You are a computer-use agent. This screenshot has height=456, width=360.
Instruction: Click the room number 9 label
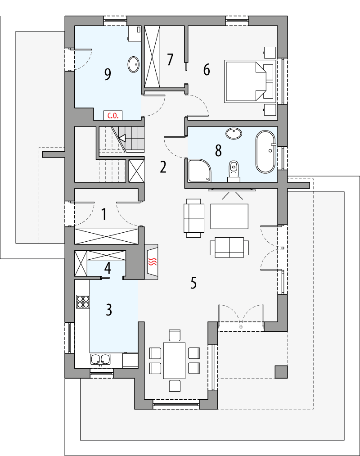107,74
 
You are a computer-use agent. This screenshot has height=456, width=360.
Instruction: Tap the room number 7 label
170,59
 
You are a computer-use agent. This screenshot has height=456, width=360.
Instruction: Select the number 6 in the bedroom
207,70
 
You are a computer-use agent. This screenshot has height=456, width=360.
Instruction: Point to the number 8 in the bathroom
218,151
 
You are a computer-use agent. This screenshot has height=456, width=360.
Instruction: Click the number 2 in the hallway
163,167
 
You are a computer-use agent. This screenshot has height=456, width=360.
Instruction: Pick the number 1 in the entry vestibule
104,215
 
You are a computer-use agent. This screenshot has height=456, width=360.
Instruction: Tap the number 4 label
107,268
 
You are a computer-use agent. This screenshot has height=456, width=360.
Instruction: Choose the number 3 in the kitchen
108,310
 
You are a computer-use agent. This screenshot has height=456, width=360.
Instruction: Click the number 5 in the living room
193,283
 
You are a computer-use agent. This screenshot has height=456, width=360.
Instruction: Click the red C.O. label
112,116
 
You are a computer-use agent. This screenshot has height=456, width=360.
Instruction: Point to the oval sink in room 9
134,65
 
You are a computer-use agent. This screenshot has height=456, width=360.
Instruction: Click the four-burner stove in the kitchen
83,301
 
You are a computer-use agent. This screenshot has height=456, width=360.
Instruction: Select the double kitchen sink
101,359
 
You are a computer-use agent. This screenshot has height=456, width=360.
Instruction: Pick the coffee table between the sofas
229,216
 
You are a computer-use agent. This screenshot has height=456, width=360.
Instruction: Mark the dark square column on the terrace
281,371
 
